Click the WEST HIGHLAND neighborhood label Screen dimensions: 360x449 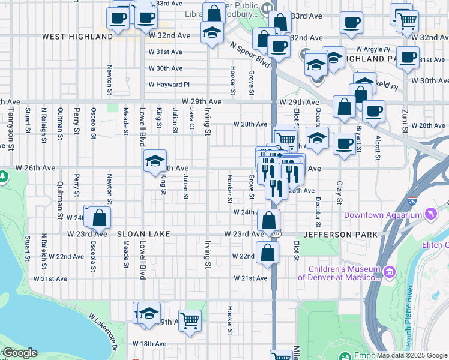click(x=77, y=37)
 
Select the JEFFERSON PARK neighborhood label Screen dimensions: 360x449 click(x=341, y=233)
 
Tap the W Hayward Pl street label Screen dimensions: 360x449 click(x=169, y=85)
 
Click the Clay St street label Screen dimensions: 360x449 click(x=339, y=192)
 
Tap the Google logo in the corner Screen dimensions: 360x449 click(x=19, y=353)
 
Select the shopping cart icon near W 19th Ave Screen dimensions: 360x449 click(x=190, y=320)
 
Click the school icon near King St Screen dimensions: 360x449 click(x=155, y=160)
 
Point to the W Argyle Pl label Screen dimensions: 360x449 click(x=373, y=49)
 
